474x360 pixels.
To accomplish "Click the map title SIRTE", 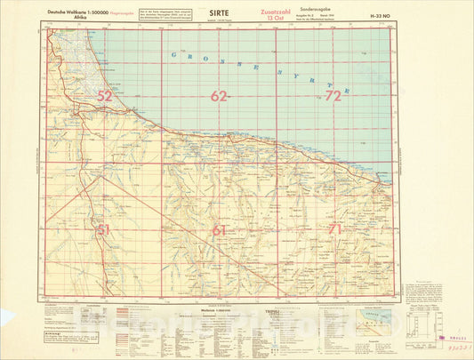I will pos(217,12).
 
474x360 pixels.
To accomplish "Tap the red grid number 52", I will pos(105,95).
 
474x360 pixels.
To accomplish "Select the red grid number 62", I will pos(219,96).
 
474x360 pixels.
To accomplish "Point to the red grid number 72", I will pos(333,95).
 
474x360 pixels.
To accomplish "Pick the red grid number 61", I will pos(219,230).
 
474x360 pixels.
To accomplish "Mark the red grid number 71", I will pos(333,229).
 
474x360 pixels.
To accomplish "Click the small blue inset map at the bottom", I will pos(372,318).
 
